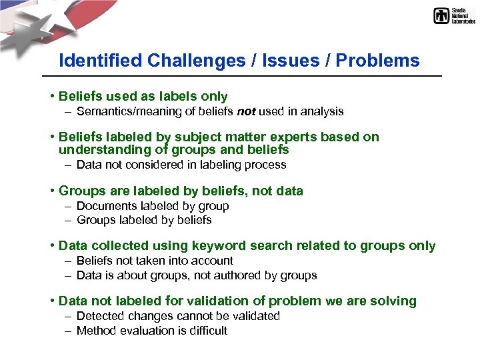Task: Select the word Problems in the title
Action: pyautogui.click(x=378, y=61)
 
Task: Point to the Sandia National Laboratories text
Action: pyautogui.click(x=463, y=16)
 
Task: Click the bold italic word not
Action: pyautogui.click(x=245, y=111)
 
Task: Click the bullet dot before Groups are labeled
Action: pyautogui.click(x=52, y=191)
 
